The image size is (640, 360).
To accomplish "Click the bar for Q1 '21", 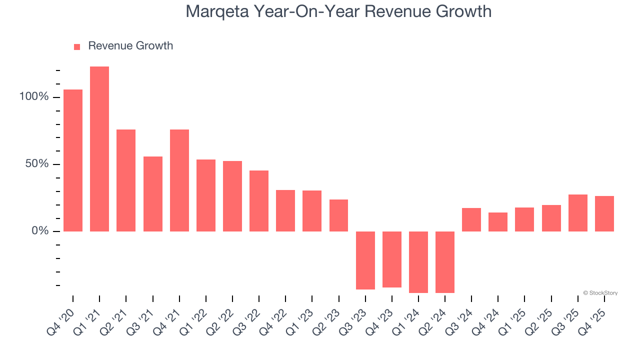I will [99, 149].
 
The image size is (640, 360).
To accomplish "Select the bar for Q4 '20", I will [73, 160].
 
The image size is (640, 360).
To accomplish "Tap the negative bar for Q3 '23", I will [365, 260].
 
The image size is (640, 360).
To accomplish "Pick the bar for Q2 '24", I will [445, 262].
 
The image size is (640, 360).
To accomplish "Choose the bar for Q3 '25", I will [578, 213].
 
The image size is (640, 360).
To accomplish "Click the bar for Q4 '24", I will [498, 222].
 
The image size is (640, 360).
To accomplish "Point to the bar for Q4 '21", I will [179, 180].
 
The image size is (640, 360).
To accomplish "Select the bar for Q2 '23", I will [339, 215].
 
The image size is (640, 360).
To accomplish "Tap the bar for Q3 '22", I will [259, 201].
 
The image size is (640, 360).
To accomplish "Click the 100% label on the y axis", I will [34, 97].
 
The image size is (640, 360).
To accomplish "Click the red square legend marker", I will [77, 47].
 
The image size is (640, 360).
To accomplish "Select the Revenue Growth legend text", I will [130, 46].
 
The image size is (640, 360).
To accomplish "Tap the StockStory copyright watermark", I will [600, 293].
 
